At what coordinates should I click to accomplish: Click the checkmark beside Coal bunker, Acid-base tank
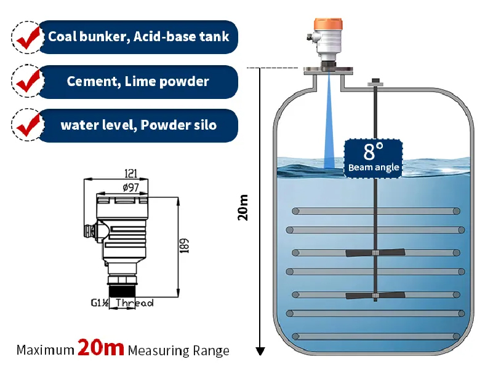[x=28, y=37]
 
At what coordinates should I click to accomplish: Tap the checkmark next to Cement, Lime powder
[x=28, y=82]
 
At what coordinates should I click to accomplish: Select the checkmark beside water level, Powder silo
[x=28, y=125]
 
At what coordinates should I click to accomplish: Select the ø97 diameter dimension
[x=129, y=187]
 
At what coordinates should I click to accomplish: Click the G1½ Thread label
[x=122, y=303]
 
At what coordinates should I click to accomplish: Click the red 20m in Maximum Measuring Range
[x=101, y=348]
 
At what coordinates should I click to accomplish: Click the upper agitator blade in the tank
[x=375, y=253]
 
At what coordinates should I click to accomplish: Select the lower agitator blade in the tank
[x=375, y=295]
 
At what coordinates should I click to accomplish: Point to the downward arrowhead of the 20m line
[x=260, y=351]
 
